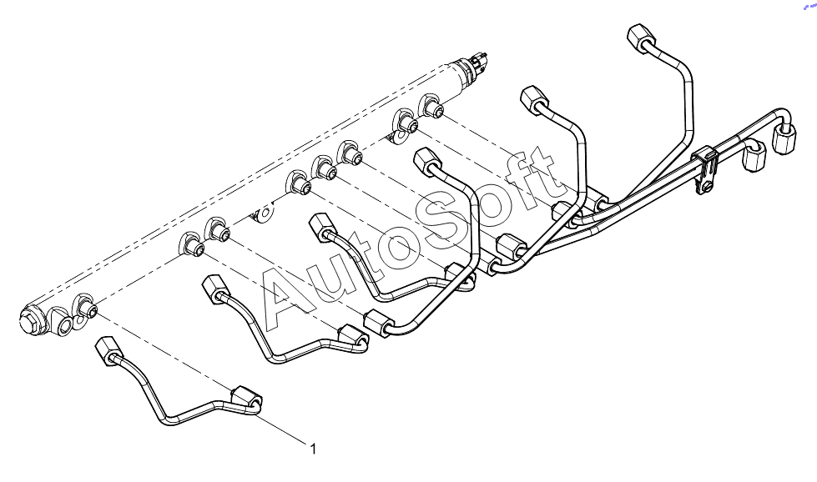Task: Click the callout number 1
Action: [x=313, y=449]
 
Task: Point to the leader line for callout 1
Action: [x=281, y=429]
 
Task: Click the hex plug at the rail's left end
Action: [x=29, y=319]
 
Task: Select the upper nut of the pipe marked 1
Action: [x=106, y=348]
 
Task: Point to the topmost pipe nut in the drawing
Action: [x=640, y=37]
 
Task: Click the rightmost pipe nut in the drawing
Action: [x=784, y=138]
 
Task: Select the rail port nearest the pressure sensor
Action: [x=432, y=106]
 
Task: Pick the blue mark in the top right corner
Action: [x=810, y=6]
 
